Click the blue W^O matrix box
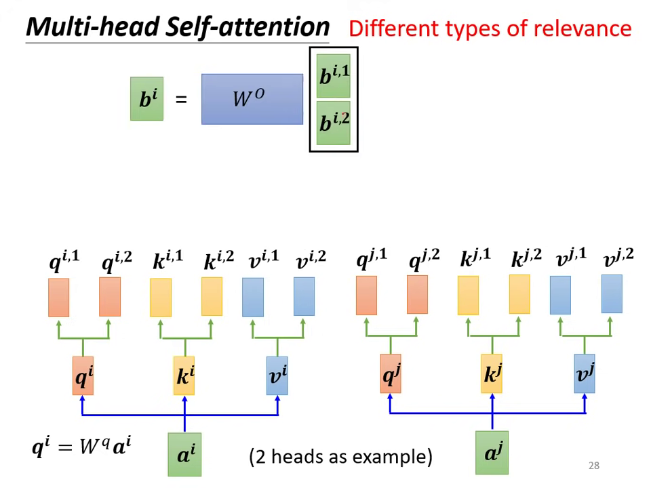point(252,99)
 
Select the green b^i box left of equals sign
point(146,99)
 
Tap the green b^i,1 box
point(334,75)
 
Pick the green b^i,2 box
point(334,123)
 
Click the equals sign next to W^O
point(181,100)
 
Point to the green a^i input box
point(184,455)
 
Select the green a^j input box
point(492,453)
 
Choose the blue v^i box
point(277,375)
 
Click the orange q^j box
point(390,373)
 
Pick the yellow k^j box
point(492,373)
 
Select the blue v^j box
point(584,373)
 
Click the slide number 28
point(593,466)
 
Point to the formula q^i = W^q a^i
point(81,447)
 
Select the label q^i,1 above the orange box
point(64,261)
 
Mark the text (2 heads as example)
point(340,456)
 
